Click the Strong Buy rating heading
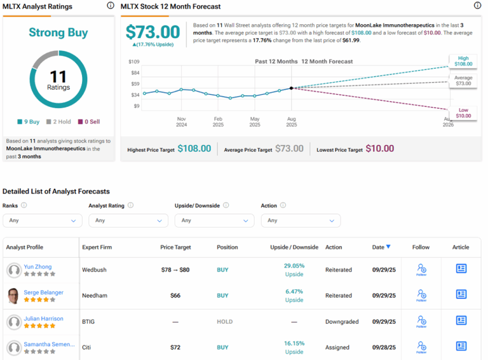click(x=58, y=32)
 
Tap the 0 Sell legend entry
click(x=89, y=121)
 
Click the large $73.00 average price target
click(x=152, y=32)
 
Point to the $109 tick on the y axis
click(x=134, y=62)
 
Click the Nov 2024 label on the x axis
click(x=181, y=121)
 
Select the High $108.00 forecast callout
click(x=463, y=61)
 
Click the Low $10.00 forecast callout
click(x=463, y=113)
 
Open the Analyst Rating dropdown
click(x=128, y=220)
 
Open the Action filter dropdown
click(x=301, y=220)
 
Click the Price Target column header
click(x=175, y=247)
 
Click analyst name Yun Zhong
click(x=38, y=267)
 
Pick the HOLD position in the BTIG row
click(x=224, y=322)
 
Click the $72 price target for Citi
click(x=175, y=348)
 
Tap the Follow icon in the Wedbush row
click(x=421, y=270)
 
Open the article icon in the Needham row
click(x=461, y=295)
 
